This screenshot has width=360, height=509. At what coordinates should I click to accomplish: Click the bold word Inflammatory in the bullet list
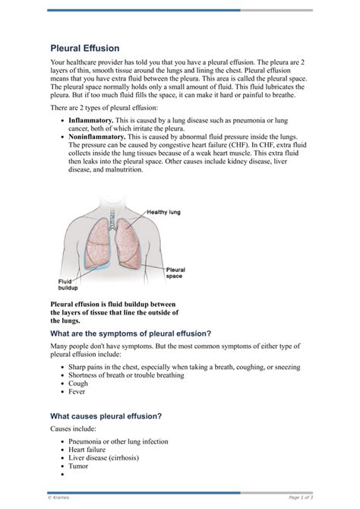tap(91, 121)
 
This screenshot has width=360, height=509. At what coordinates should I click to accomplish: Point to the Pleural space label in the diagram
tap(175, 273)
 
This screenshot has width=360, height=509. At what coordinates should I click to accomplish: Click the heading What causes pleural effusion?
tap(106, 416)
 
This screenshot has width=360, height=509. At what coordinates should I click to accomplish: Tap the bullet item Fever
tap(77, 393)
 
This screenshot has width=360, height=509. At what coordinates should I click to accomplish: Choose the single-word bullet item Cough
tap(78, 384)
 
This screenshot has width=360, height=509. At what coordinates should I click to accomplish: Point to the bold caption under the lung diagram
tap(114, 312)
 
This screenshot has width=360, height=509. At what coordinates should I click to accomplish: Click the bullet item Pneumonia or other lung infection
tap(118, 441)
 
